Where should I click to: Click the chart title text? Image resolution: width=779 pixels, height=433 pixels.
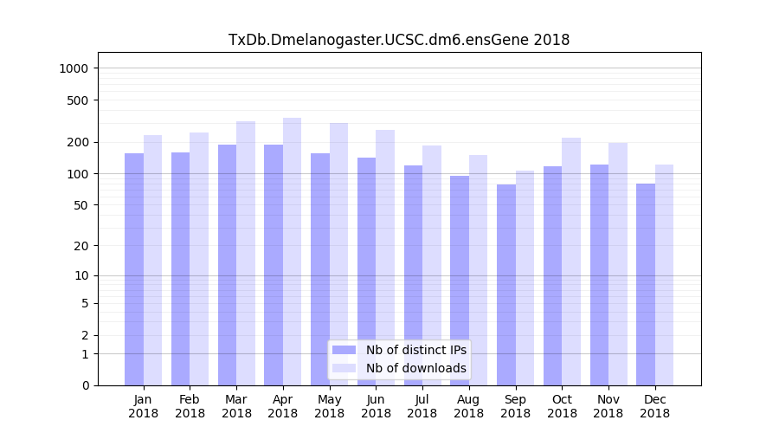tap(398, 40)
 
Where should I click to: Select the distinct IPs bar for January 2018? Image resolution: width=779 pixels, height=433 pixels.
tap(134, 268)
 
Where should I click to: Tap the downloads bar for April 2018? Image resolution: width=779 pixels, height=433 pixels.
tap(293, 251)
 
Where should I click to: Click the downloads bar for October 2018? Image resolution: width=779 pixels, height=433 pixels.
tap(571, 261)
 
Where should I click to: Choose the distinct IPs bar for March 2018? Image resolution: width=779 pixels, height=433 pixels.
tap(227, 264)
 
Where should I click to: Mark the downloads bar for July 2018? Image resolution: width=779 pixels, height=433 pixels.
tap(432, 265)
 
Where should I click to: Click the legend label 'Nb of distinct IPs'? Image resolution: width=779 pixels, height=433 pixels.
tap(415, 350)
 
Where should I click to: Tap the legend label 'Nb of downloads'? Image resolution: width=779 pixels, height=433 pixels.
tap(415, 368)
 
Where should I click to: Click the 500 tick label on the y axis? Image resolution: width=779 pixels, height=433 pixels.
tap(79, 100)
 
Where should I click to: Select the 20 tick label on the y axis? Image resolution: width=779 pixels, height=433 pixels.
tap(82, 246)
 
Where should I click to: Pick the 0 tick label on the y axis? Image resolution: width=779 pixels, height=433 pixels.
tap(86, 385)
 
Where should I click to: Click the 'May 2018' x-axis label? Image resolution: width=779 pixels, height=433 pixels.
tap(330, 406)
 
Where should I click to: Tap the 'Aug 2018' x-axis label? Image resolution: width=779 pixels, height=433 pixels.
tap(469, 406)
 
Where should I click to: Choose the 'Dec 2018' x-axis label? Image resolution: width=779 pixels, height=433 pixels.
tap(654, 406)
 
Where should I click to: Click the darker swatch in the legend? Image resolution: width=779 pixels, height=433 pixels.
tap(344, 350)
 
